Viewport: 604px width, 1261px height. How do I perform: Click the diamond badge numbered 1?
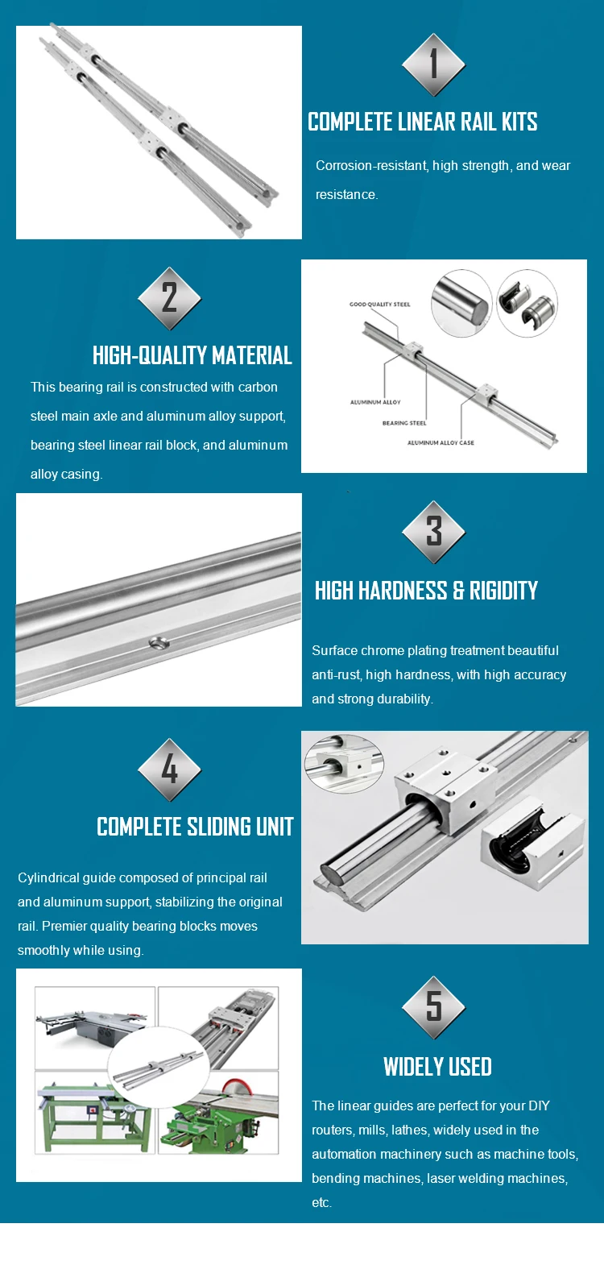click(433, 65)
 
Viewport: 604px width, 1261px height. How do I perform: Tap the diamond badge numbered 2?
click(169, 298)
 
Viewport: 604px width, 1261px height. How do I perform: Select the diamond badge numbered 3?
click(433, 532)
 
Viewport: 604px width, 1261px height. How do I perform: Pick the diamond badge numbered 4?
click(169, 770)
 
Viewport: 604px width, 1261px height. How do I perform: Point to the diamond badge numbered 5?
click(433, 1007)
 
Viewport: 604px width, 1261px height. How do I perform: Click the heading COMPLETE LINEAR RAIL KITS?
click(423, 122)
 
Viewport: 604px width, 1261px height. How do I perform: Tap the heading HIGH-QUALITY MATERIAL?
click(192, 355)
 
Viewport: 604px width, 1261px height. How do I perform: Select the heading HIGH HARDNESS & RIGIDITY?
click(426, 591)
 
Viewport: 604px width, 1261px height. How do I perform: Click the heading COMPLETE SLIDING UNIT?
click(195, 827)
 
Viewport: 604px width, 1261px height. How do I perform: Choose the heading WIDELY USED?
click(437, 1067)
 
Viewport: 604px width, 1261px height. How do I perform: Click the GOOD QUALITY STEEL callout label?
click(379, 305)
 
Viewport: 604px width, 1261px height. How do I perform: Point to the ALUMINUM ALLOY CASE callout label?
click(441, 442)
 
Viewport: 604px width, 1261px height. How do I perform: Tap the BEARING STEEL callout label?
click(404, 423)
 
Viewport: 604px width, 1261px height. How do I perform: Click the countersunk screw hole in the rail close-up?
click(158, 642)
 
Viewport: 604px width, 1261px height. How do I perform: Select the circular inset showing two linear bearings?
click(527, 303)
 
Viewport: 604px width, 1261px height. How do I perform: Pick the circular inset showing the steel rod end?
click(461, 303)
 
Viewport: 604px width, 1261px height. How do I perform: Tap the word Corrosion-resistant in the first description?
click(371, 166)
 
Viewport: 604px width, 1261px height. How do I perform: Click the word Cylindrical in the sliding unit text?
click(47, 878)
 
